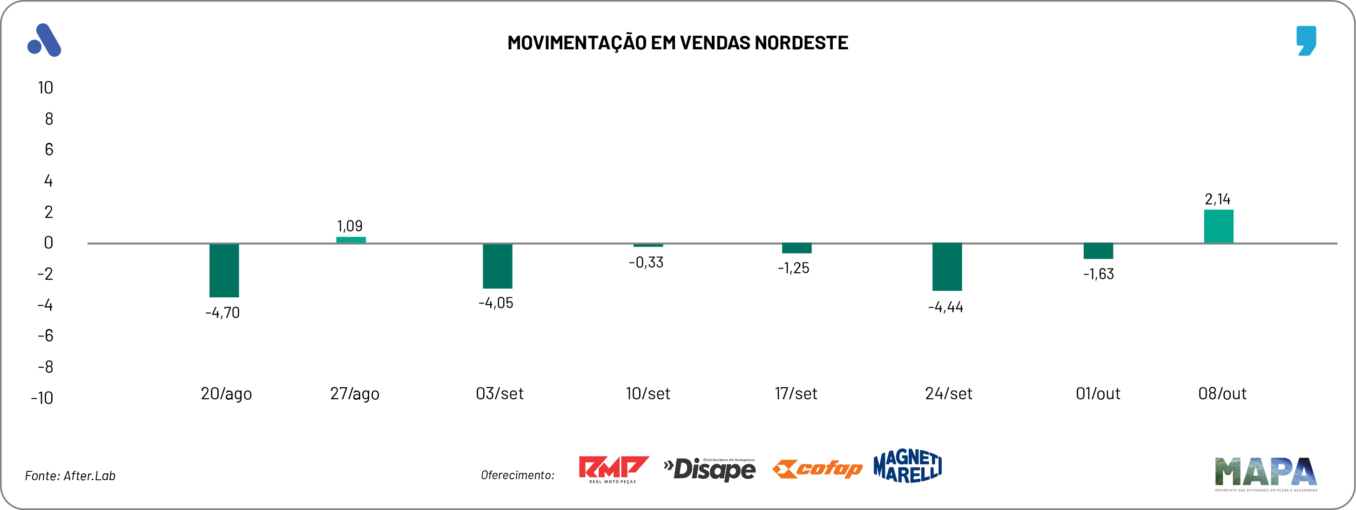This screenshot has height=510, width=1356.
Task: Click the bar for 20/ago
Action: click(224, 270)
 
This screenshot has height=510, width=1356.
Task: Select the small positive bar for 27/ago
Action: click(351, 240)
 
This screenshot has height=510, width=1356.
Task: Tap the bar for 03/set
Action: click(498, 266)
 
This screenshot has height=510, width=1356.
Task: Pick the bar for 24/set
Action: click(947, 267)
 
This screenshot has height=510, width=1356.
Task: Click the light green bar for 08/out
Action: click(1218, 226)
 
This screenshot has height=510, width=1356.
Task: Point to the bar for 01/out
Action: click(1098, 251)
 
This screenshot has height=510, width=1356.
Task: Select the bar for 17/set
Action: click(796, 248)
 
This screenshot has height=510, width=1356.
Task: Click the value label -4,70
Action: click(223, 313)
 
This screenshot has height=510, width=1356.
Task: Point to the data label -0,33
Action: click(646, 262)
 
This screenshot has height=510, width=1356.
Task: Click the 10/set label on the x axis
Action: click(648, 394)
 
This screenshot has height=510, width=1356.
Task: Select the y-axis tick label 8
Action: click(49, 119)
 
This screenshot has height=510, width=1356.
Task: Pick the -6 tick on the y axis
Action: click(46, 336)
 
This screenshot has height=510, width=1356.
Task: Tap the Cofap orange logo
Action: click(817, 469)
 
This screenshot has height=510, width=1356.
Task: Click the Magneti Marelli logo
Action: click(908, 466)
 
